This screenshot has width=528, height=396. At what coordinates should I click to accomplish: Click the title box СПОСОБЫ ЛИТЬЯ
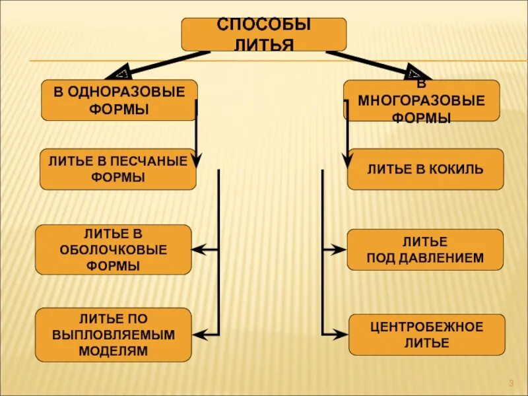coord(263,34)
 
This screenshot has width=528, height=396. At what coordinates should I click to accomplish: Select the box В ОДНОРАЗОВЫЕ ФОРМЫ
coord(119,100)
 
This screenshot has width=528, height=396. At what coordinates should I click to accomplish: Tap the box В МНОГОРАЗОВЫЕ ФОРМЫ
coord(421,101)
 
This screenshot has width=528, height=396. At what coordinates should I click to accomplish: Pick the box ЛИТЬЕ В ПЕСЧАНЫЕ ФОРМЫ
coord(118,169)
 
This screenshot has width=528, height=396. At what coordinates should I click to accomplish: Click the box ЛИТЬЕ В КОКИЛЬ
coord(425,169)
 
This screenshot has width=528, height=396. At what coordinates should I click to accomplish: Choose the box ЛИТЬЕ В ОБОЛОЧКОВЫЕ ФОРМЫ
coord(113,249)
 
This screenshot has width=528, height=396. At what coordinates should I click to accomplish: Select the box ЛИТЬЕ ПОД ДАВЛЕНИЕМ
coord(425,249)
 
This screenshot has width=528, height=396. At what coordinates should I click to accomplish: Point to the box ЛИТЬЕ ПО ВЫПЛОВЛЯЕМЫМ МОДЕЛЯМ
coord(113,335)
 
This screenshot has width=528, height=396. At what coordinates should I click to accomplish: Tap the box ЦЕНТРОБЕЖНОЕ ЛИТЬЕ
coord(426,335)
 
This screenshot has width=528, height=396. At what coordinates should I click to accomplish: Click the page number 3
coord(511,384)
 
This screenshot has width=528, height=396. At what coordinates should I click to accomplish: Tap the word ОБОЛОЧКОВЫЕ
coord(114,250)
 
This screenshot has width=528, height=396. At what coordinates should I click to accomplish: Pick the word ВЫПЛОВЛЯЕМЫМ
coord(114,335)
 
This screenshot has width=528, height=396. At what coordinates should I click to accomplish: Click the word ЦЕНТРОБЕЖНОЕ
coord(426,327)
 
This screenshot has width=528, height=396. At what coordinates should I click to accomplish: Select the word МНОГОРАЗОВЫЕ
coord(422,101)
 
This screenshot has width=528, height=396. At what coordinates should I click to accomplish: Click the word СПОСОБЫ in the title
coord(264,25)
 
